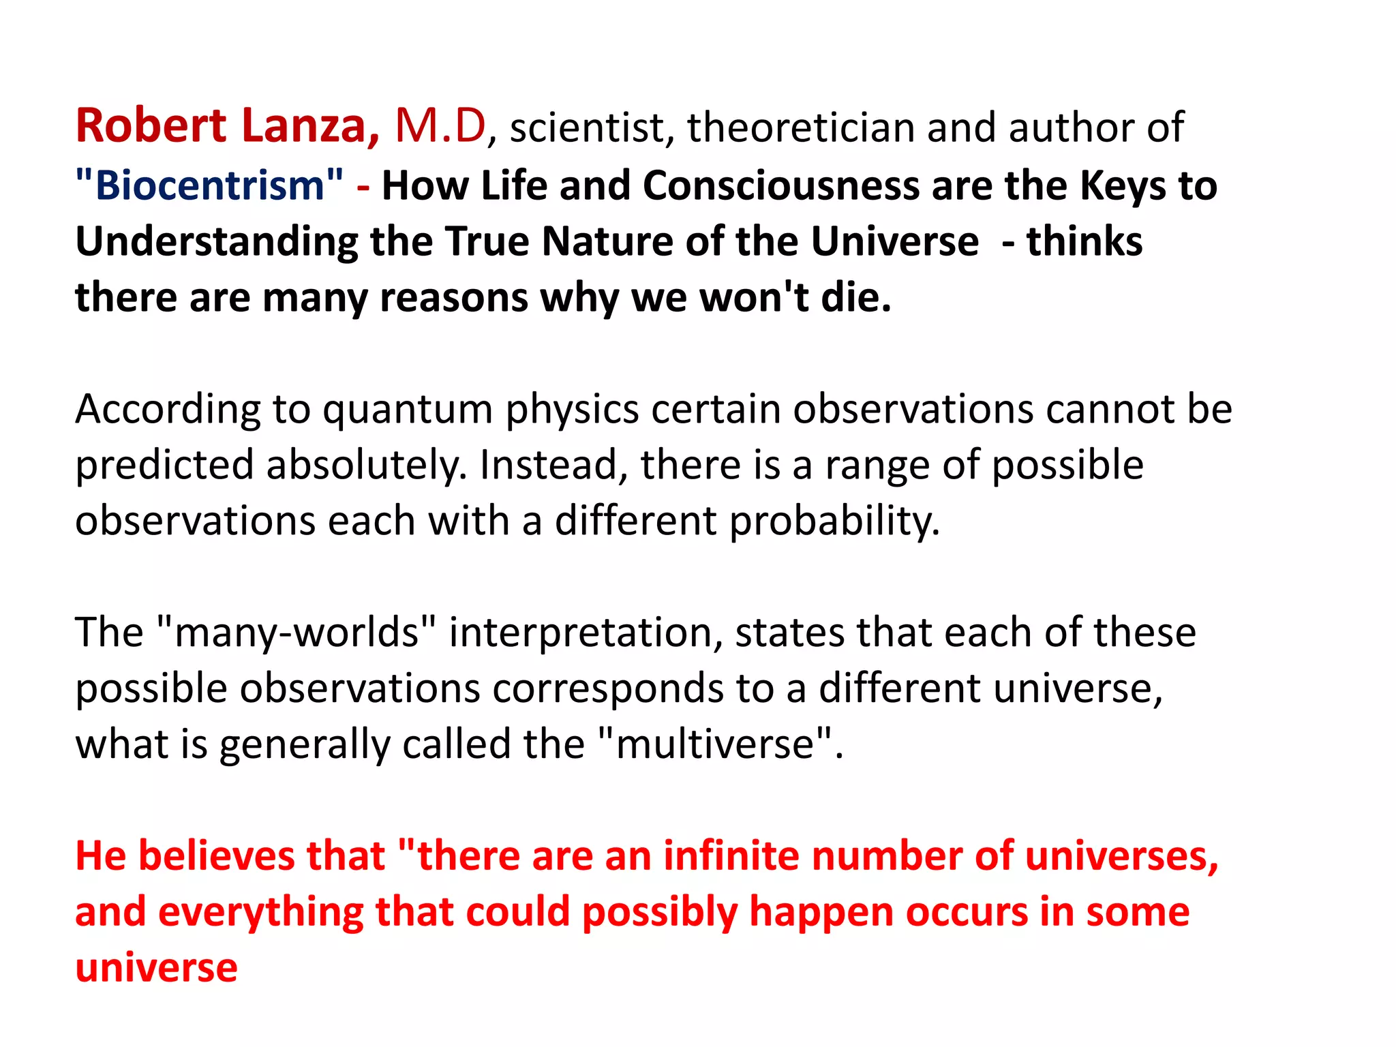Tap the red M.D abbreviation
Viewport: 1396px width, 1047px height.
point(440,126)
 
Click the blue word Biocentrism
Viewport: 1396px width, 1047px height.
point(210,185)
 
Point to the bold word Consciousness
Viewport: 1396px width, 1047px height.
point(781,185)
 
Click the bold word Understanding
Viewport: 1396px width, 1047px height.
point(216,241)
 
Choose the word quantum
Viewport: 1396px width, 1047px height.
point(408,409)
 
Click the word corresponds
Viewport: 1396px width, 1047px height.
point(608,688)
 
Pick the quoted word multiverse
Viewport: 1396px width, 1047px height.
point(716,744)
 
